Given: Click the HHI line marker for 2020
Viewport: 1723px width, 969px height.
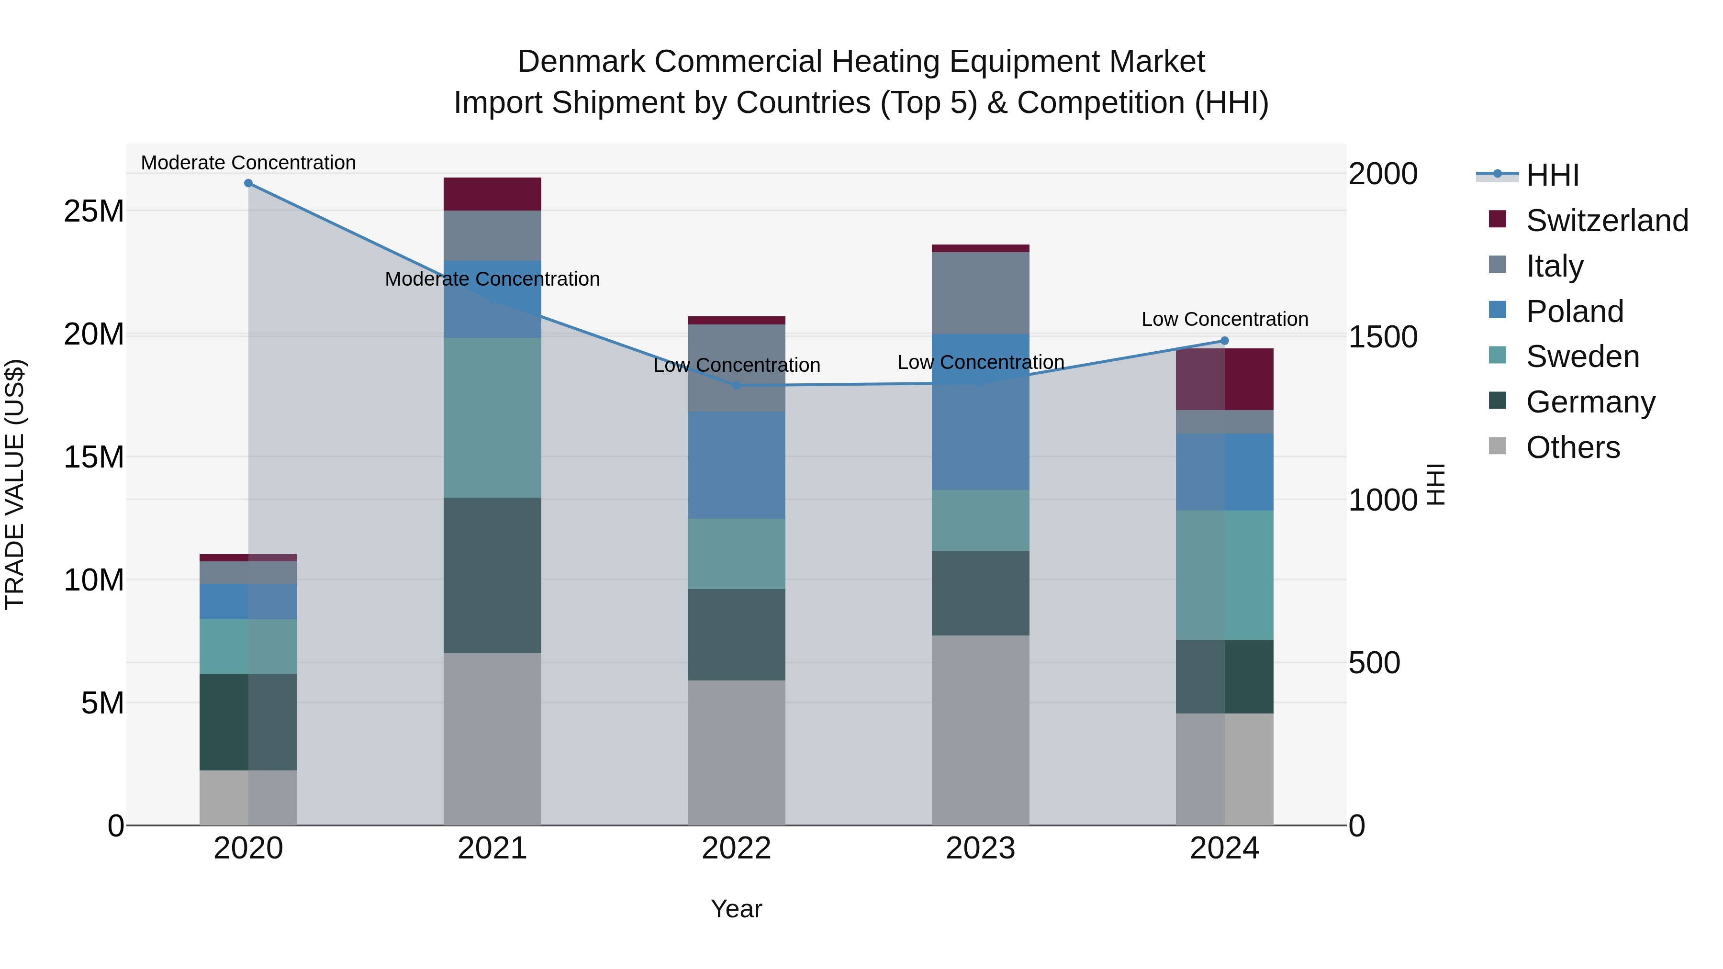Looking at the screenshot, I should tap(248, 183).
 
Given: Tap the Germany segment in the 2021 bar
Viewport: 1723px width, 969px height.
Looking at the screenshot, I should tap(492, 575).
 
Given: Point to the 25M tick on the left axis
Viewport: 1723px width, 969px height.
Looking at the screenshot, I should tap(94, 212).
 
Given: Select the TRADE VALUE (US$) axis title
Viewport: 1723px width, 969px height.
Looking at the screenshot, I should tap(15, 484).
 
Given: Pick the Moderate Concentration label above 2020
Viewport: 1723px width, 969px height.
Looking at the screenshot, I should tap(248, 163).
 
